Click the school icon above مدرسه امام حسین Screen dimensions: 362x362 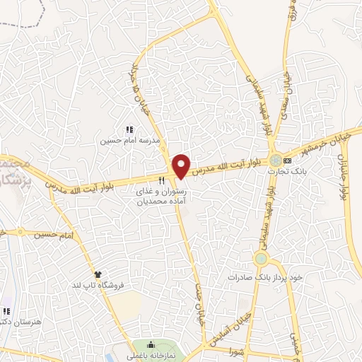pos(129,130)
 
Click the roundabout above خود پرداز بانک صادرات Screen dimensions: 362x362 pos(262,258)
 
